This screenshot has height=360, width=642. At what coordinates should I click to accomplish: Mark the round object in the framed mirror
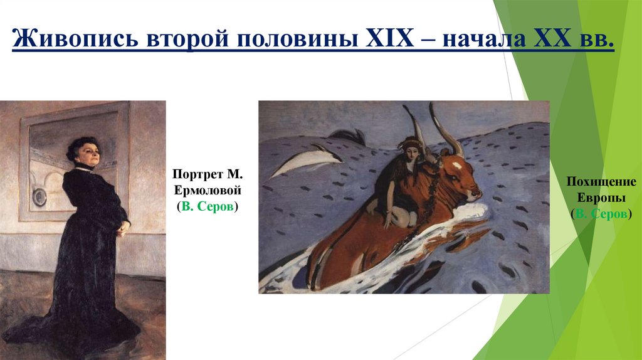[x=40, y=197]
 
